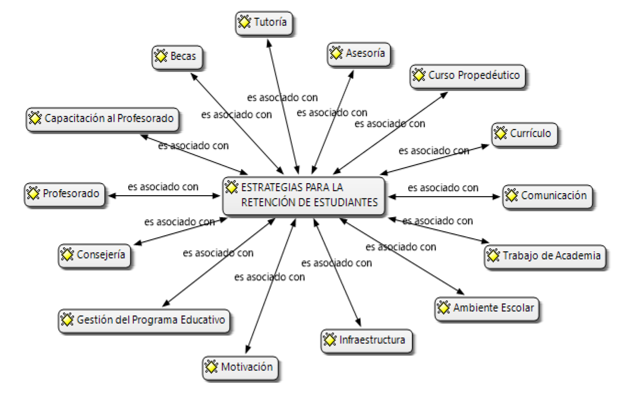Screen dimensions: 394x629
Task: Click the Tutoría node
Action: pos(264,23)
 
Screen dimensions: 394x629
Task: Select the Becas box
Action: pos(177,57)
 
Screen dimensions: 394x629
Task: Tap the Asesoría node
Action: pos(359,54)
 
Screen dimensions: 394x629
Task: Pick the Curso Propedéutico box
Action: pos(467,76)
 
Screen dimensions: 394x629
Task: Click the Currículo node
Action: pos(524,134)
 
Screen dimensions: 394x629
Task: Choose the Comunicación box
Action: pos(547,196)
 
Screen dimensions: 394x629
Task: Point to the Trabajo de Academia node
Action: pos(545,257)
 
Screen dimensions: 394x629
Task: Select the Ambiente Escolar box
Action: pos(487,309)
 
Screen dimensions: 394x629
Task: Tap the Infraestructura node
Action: pos(366,341)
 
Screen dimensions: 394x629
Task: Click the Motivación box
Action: pos(240,368)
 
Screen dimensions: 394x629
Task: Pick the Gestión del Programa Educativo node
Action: pos(144,321)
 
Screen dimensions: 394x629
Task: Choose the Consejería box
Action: pos(94,256)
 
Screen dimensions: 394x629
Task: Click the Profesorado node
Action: pos(64,194)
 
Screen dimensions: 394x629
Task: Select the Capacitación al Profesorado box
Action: pos(102,119)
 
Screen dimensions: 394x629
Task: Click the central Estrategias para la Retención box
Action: pos(303,196)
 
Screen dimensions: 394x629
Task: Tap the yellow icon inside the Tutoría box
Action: pos(244,22)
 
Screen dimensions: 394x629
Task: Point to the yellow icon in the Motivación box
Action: pos(211,367)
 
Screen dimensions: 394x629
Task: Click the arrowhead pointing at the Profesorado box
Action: pos(112,196)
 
